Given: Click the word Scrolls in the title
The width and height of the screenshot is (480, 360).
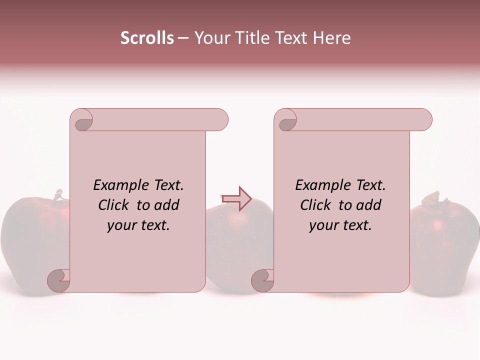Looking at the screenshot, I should pos(147,38).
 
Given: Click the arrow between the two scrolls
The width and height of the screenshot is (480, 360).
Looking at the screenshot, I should pos(236,198).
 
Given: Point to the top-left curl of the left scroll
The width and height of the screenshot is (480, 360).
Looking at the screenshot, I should pos(83,122).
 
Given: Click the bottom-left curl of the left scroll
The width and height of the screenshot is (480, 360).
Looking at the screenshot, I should pos(59,280).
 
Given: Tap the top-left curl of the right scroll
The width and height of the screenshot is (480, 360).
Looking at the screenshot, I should pos(287,122).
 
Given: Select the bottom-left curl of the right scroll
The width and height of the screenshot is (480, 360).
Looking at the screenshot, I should pos(263,280).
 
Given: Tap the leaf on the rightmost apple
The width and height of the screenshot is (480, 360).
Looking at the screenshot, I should pos(430,198).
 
